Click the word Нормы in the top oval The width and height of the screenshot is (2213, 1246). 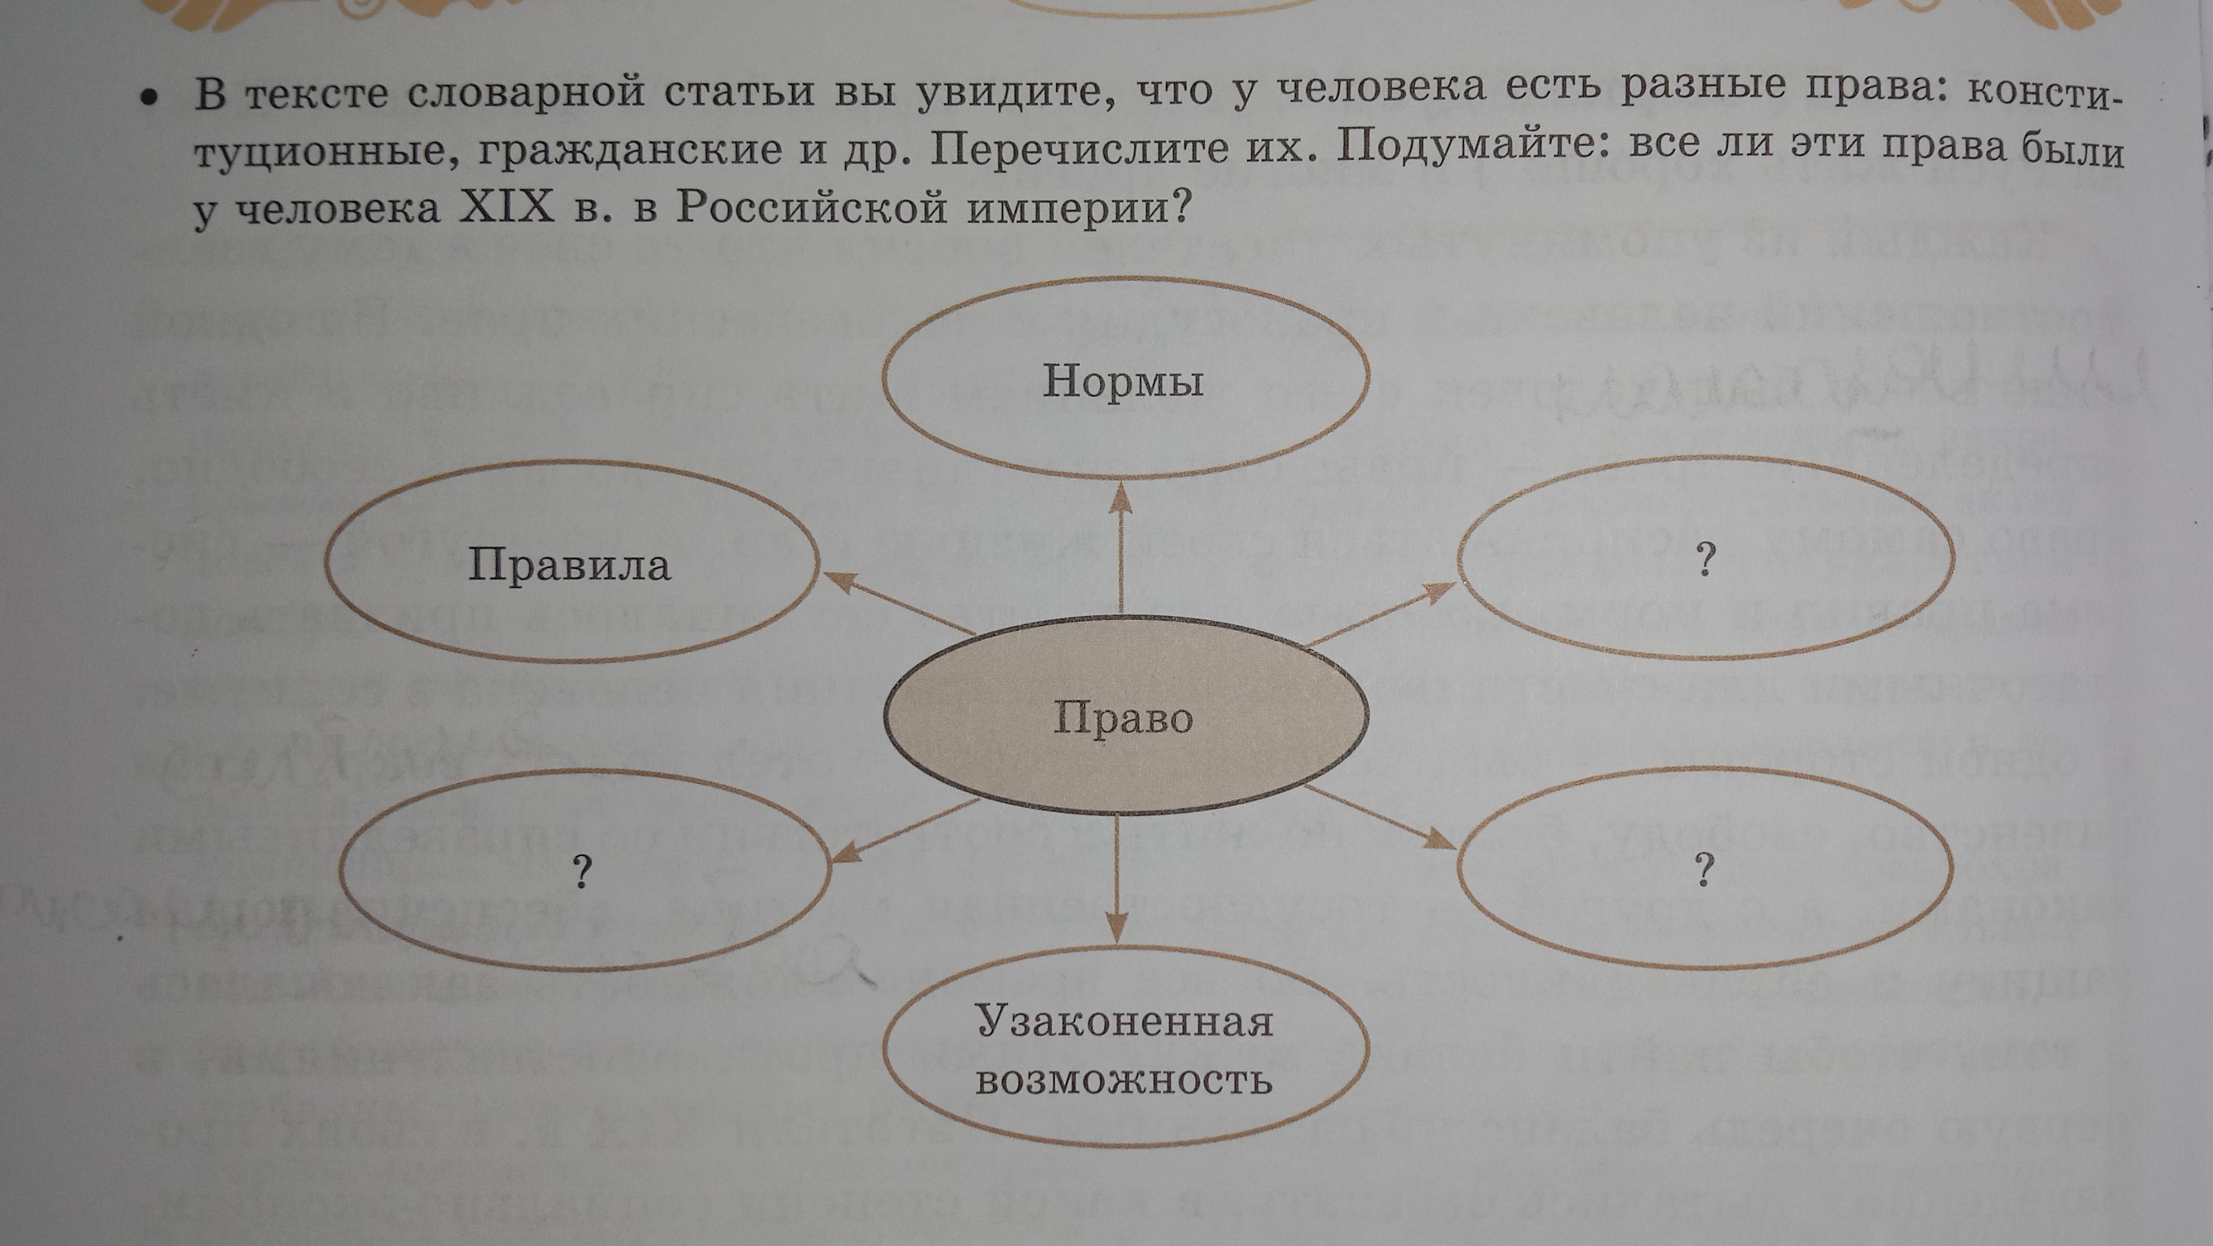click(x=1123, y=381)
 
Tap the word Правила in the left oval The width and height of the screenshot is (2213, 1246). click(x=569, y=566)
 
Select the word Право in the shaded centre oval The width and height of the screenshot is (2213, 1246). click(x=1123, y=717)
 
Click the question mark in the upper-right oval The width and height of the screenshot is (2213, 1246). click(x=1706, y=560)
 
